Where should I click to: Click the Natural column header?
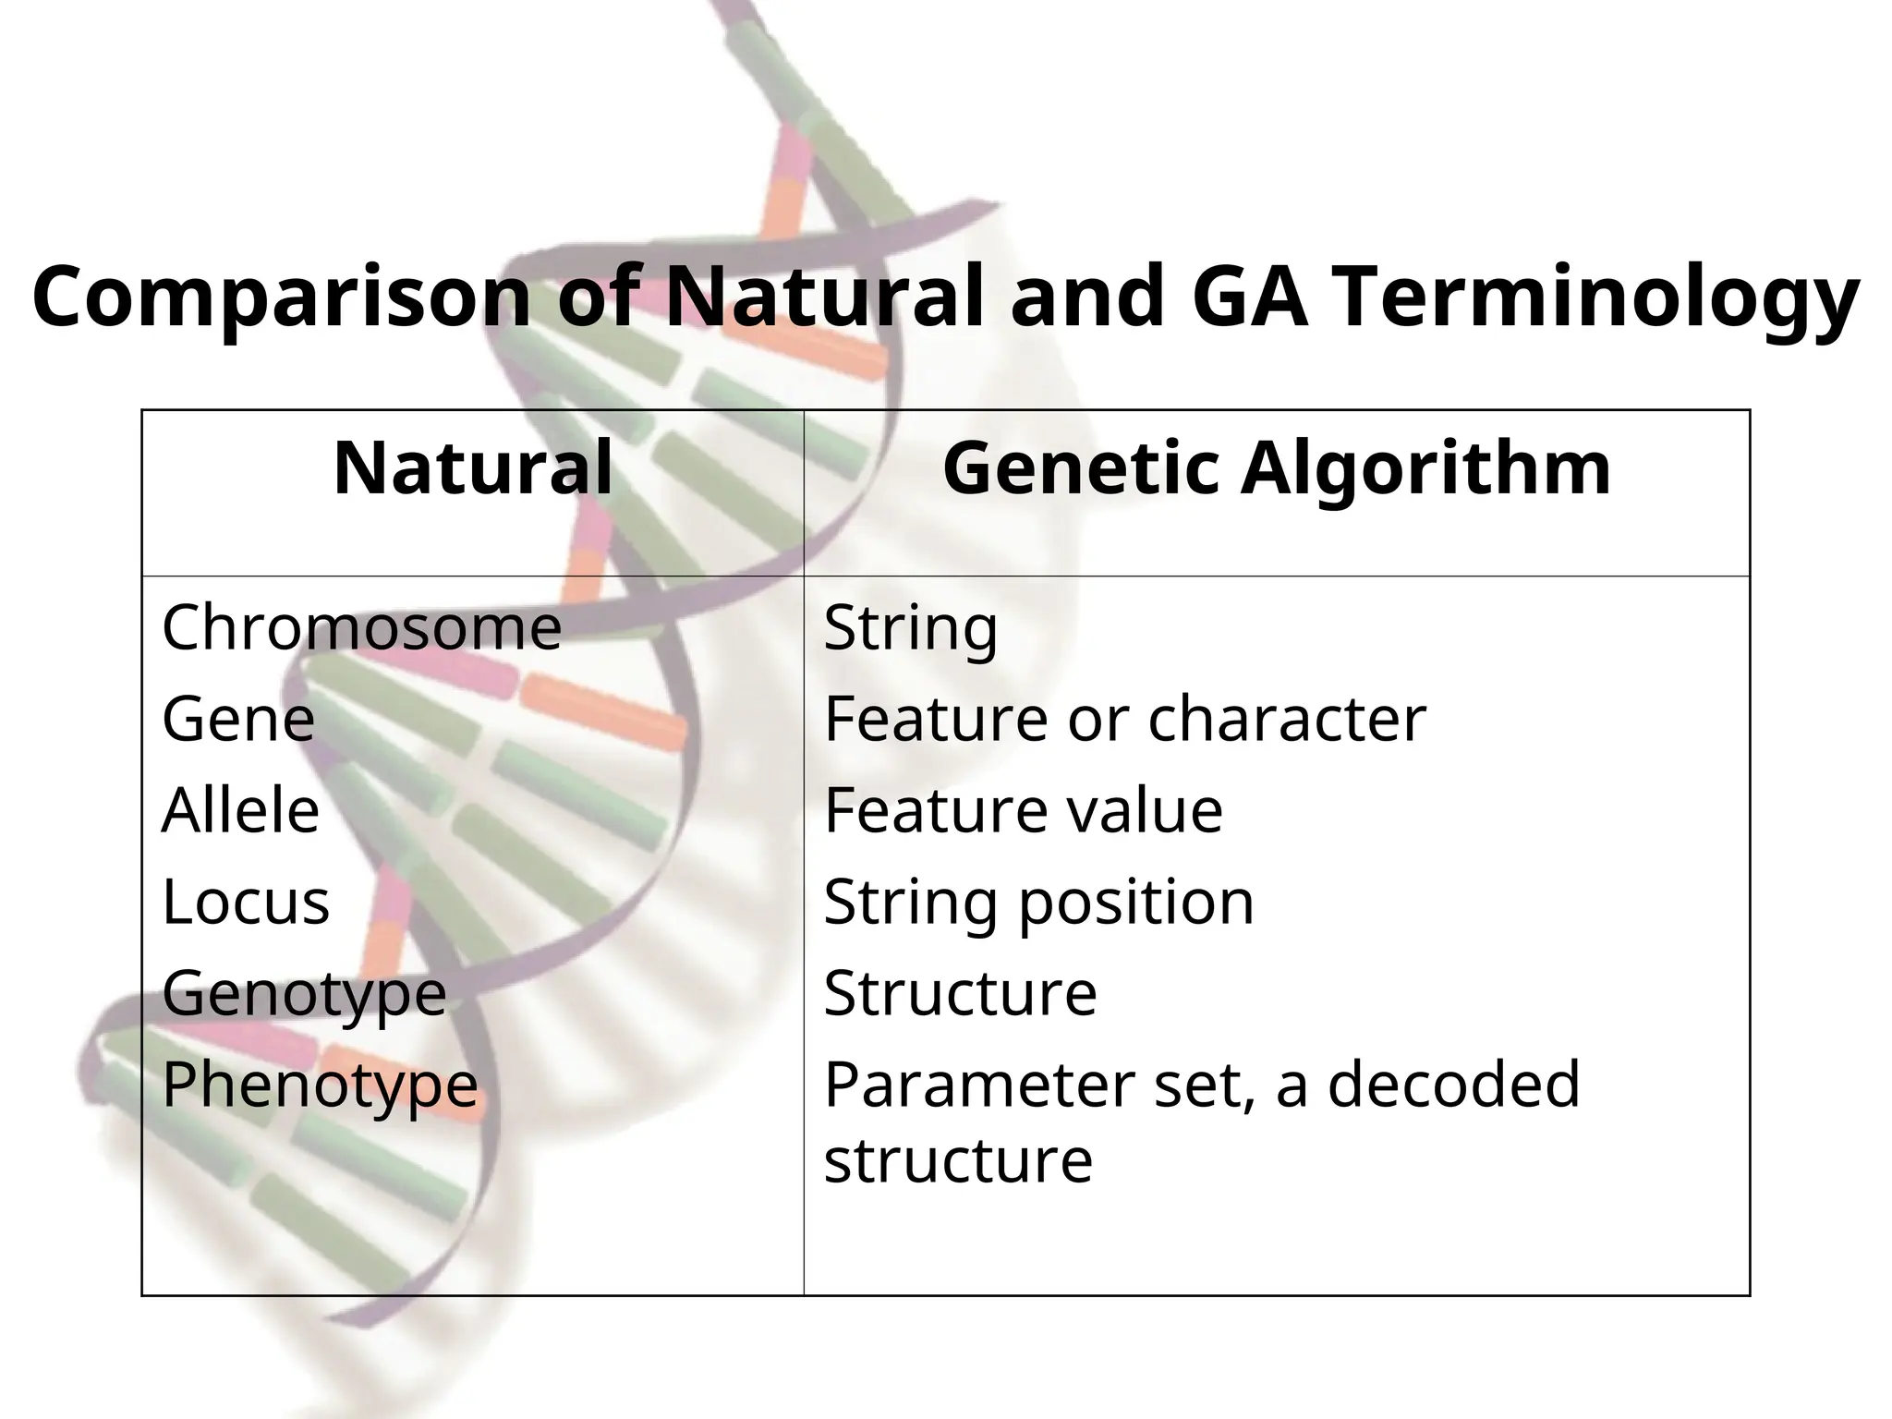pos(472,468)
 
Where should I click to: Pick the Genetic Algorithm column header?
pos(1277,468)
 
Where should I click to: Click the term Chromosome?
pos(361,627)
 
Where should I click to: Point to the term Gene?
pos(238,719)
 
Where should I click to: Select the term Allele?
pos(240,810)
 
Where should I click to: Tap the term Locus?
pos(246,902)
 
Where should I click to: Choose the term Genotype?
pos(304,993)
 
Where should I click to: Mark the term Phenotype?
pos(320,1085)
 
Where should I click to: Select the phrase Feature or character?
pos(1124,719)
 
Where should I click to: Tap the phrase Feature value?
pos(1023,810)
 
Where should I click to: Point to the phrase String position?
pos(1038,903)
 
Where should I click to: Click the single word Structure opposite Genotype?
pos(960,993)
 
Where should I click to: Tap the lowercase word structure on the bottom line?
pos(958,1159)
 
